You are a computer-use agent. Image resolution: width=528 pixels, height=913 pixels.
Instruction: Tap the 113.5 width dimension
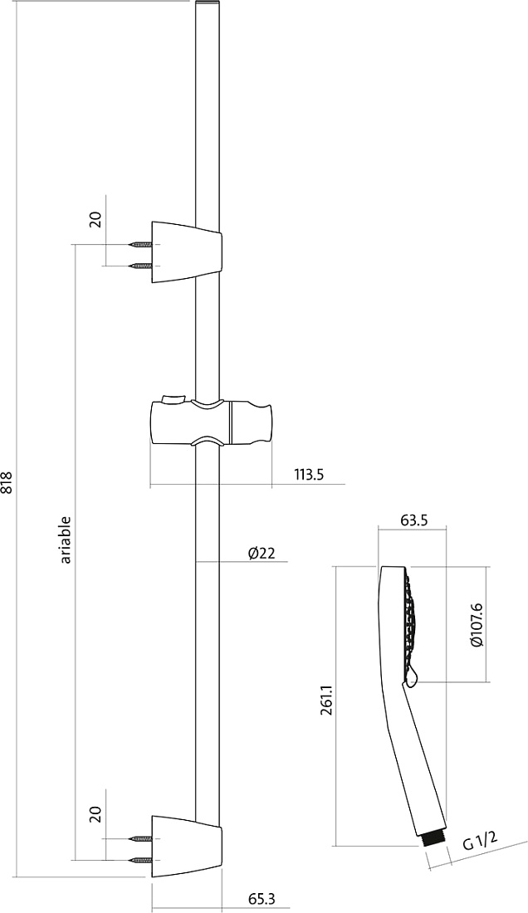tap(308, 475)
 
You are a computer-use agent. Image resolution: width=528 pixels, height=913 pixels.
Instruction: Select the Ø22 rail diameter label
tap(261, 553)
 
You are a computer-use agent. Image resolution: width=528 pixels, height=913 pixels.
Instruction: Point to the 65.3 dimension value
tap(262, 898)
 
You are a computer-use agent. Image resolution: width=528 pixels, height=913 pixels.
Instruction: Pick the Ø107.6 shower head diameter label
tap(477, 625)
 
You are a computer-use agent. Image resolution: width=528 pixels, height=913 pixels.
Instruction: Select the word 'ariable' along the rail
tap(66, 539)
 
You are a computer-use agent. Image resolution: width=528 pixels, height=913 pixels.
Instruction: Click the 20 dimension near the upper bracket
tap(96, 219)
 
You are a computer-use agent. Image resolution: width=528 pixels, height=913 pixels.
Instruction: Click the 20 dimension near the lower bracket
tap(96, 813)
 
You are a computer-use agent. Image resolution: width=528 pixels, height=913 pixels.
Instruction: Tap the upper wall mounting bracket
tap(186, 252)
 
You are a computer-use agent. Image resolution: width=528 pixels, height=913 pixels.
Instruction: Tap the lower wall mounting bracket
tap(186, 846)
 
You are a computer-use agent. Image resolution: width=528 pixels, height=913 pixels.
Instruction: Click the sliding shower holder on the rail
tap(211, 422)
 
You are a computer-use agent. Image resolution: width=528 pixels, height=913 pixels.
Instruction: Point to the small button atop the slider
tap(172, 399)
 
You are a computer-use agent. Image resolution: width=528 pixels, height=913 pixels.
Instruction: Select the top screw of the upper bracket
tap(142, 245)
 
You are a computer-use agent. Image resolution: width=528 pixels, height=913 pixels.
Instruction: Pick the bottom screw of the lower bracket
tap(142, 859)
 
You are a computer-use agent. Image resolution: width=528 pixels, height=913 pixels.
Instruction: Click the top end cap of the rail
tap(208, 5)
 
